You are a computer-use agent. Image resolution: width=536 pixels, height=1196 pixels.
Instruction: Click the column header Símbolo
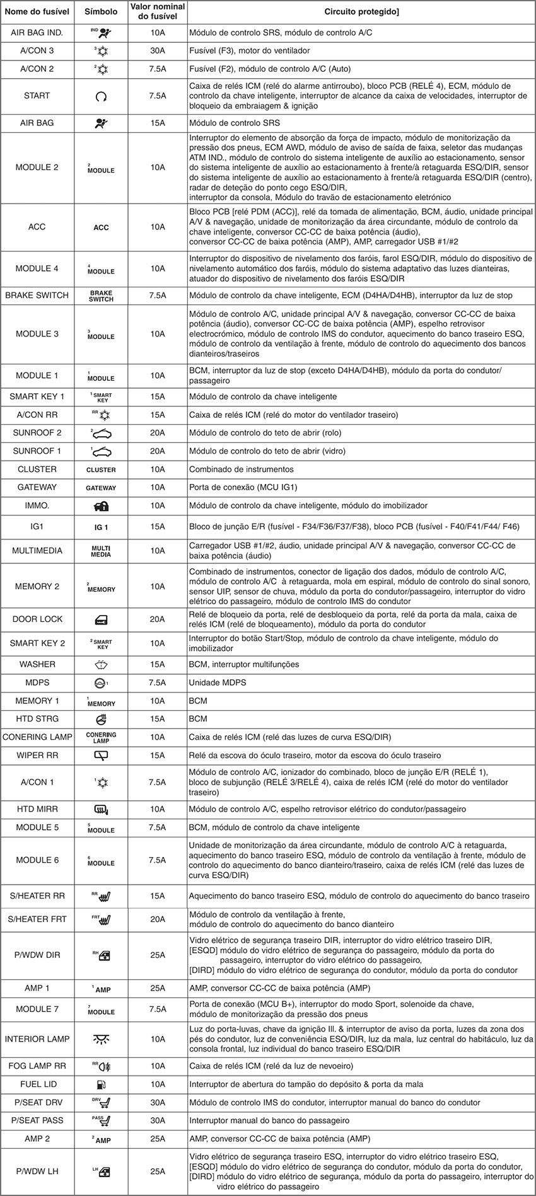101,13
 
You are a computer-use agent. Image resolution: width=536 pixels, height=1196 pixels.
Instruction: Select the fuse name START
37,96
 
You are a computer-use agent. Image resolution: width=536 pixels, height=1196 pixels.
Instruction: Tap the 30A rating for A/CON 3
158,51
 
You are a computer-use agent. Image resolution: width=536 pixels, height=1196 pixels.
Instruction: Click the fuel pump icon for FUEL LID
101,1084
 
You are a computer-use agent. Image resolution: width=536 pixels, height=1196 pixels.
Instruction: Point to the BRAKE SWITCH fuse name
37,296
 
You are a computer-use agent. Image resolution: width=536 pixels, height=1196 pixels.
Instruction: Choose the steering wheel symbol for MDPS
101,682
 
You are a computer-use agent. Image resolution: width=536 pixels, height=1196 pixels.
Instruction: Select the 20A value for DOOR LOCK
158,619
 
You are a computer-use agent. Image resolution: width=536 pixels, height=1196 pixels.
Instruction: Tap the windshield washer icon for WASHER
101,664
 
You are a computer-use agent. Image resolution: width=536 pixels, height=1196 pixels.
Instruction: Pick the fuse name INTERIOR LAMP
37,1038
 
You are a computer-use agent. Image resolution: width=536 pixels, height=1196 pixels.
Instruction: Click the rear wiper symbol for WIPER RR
101,755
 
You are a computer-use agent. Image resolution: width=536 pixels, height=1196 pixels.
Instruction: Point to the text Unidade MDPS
218,682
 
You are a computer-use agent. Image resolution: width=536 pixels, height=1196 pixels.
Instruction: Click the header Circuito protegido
361,13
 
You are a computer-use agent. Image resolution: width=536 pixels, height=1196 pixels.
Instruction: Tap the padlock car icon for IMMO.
101,505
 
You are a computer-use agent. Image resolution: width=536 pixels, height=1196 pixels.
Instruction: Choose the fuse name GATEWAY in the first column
37,487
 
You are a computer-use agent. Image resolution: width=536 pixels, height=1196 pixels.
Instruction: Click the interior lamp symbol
101,1038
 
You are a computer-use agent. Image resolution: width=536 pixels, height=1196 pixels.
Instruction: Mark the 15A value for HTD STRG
158,718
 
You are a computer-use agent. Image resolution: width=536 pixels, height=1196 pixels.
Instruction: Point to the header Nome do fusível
37,13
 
